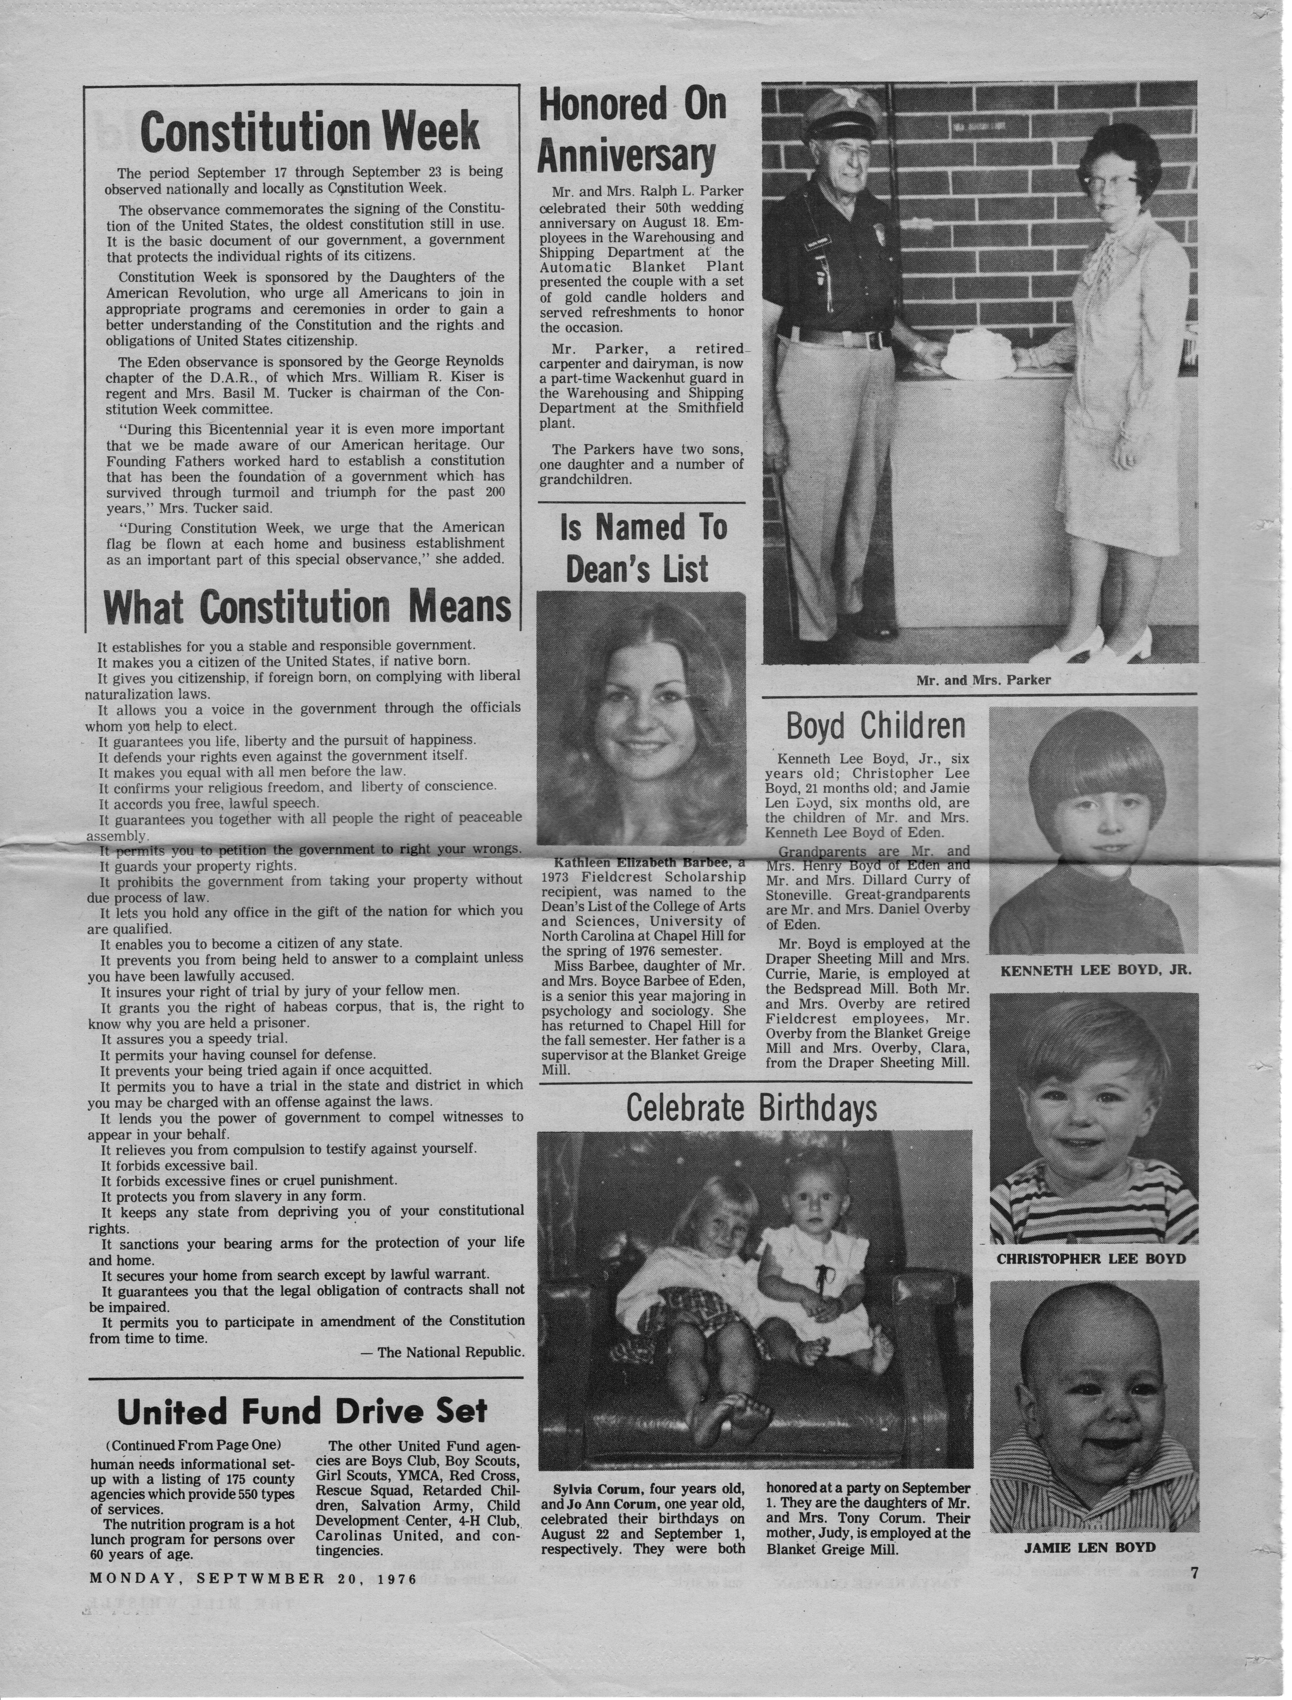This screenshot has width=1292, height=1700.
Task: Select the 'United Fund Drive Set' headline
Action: tap(302, 1411)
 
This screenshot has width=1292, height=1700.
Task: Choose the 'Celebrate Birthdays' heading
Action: tap(751, 1108)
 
